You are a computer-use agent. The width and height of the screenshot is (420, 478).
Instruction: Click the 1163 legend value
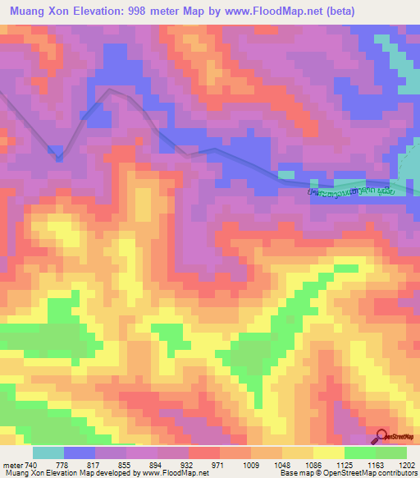click(377, 465)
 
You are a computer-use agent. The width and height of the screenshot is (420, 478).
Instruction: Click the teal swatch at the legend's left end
click(48, 453)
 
